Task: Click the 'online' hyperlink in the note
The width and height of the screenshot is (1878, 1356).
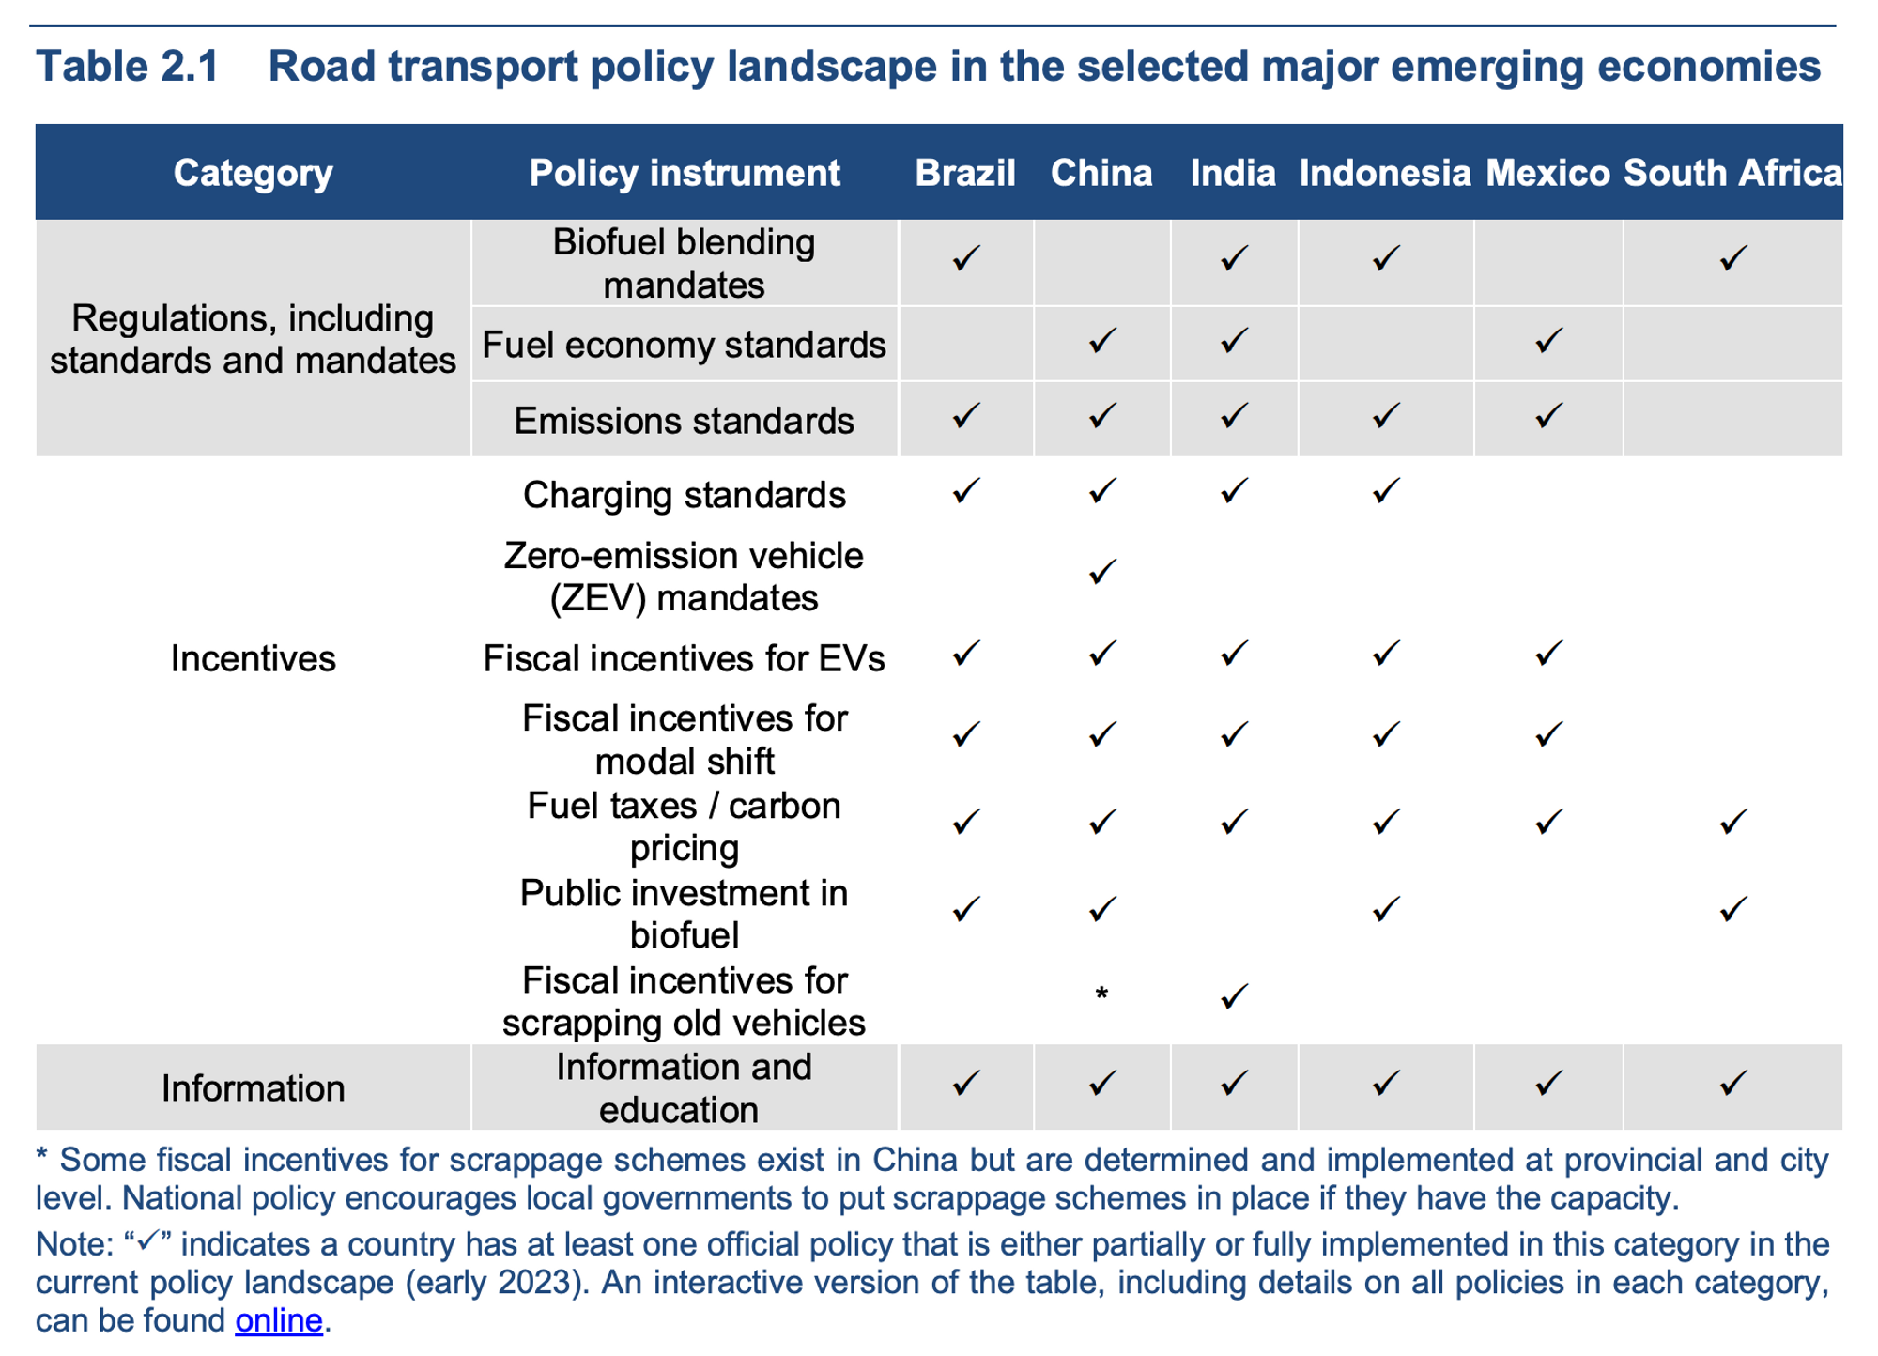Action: [279, 1320]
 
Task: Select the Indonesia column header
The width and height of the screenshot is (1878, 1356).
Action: [1384, 173]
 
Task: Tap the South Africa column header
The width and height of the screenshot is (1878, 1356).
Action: [1732, 173]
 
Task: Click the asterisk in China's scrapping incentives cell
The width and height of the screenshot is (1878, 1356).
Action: [1101, 994]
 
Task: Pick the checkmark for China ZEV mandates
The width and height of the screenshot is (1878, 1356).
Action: [1101, 571]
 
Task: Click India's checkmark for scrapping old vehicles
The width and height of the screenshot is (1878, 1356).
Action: [1234, 996]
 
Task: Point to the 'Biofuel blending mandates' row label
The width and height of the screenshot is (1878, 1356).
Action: [684, 263]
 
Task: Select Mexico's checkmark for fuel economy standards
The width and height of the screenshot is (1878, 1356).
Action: [1547, 340]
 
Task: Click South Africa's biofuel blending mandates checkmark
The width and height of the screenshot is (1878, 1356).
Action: [1732, 258]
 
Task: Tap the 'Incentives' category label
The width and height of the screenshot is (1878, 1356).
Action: [253, 658]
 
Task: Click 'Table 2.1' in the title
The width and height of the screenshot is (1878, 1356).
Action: [127, 67]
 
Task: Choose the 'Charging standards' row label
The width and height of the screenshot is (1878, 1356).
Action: [684, 495]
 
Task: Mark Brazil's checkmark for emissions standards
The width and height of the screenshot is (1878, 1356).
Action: [965, 416]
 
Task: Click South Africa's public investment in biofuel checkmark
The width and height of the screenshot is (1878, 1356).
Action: [1732, 909]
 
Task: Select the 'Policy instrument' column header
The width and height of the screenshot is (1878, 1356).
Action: [684, 173]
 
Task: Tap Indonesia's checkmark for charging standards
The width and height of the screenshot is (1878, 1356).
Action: [1385, 490]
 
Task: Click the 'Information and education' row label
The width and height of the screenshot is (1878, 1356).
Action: [684, 1087]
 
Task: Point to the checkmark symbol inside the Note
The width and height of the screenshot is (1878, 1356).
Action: [148, 1241]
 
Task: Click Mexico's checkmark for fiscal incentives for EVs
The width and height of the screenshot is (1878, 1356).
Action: [1547, 653]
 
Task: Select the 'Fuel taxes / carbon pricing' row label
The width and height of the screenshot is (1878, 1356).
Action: [684, 826]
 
